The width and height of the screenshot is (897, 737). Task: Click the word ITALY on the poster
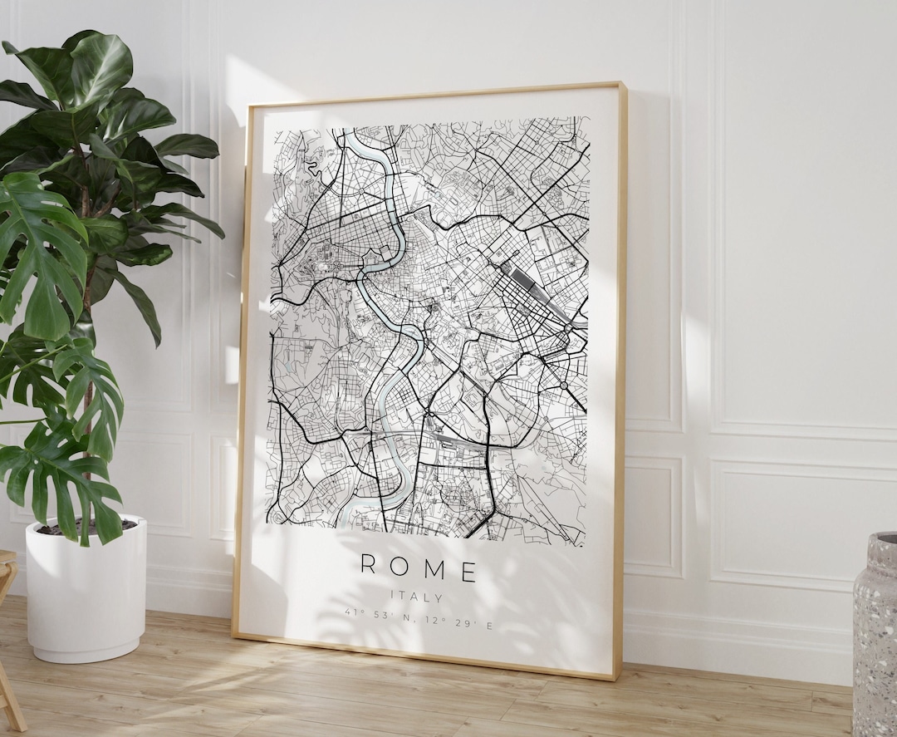coord(418,597)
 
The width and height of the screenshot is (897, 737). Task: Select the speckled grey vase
coord(875,631)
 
